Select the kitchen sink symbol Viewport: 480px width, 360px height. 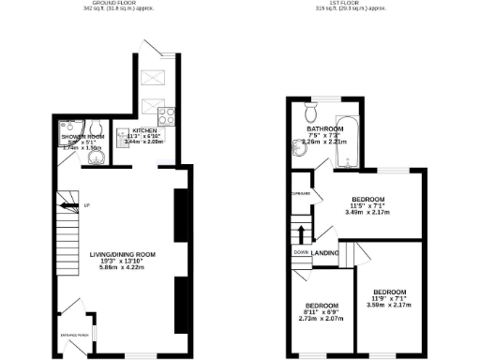tap(123, 139)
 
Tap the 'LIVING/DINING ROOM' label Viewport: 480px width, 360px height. tap(122, 255)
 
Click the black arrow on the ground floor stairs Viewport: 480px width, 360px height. tap(66, 202)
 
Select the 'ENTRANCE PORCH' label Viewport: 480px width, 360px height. tap(75, 333)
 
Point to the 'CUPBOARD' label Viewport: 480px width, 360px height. tap(302, 194)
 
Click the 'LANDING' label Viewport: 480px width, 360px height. tap(325, 252)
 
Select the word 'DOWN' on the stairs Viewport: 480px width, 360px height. tap(301, 252)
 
